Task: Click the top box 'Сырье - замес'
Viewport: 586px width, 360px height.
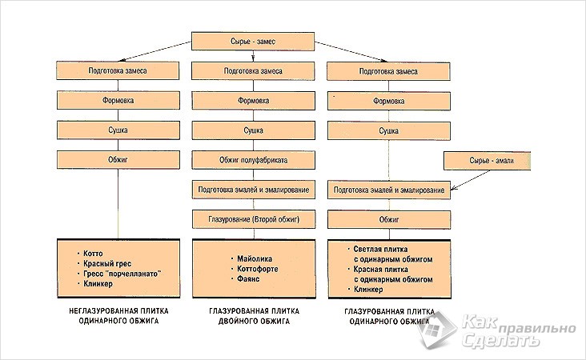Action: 252,41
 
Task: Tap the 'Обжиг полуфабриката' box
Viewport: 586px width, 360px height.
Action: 253,160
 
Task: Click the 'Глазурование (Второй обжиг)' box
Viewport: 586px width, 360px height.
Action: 253,218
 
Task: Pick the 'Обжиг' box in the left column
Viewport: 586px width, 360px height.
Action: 118,160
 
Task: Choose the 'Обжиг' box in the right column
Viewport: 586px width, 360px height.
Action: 388,218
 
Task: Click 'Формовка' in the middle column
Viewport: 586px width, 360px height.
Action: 253,101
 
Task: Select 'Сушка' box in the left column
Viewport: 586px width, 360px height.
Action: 118,130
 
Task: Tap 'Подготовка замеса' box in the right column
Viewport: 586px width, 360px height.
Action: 388,71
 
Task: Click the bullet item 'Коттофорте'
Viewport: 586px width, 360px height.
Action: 256,270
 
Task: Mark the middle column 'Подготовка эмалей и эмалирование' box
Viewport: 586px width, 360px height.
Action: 253,190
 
